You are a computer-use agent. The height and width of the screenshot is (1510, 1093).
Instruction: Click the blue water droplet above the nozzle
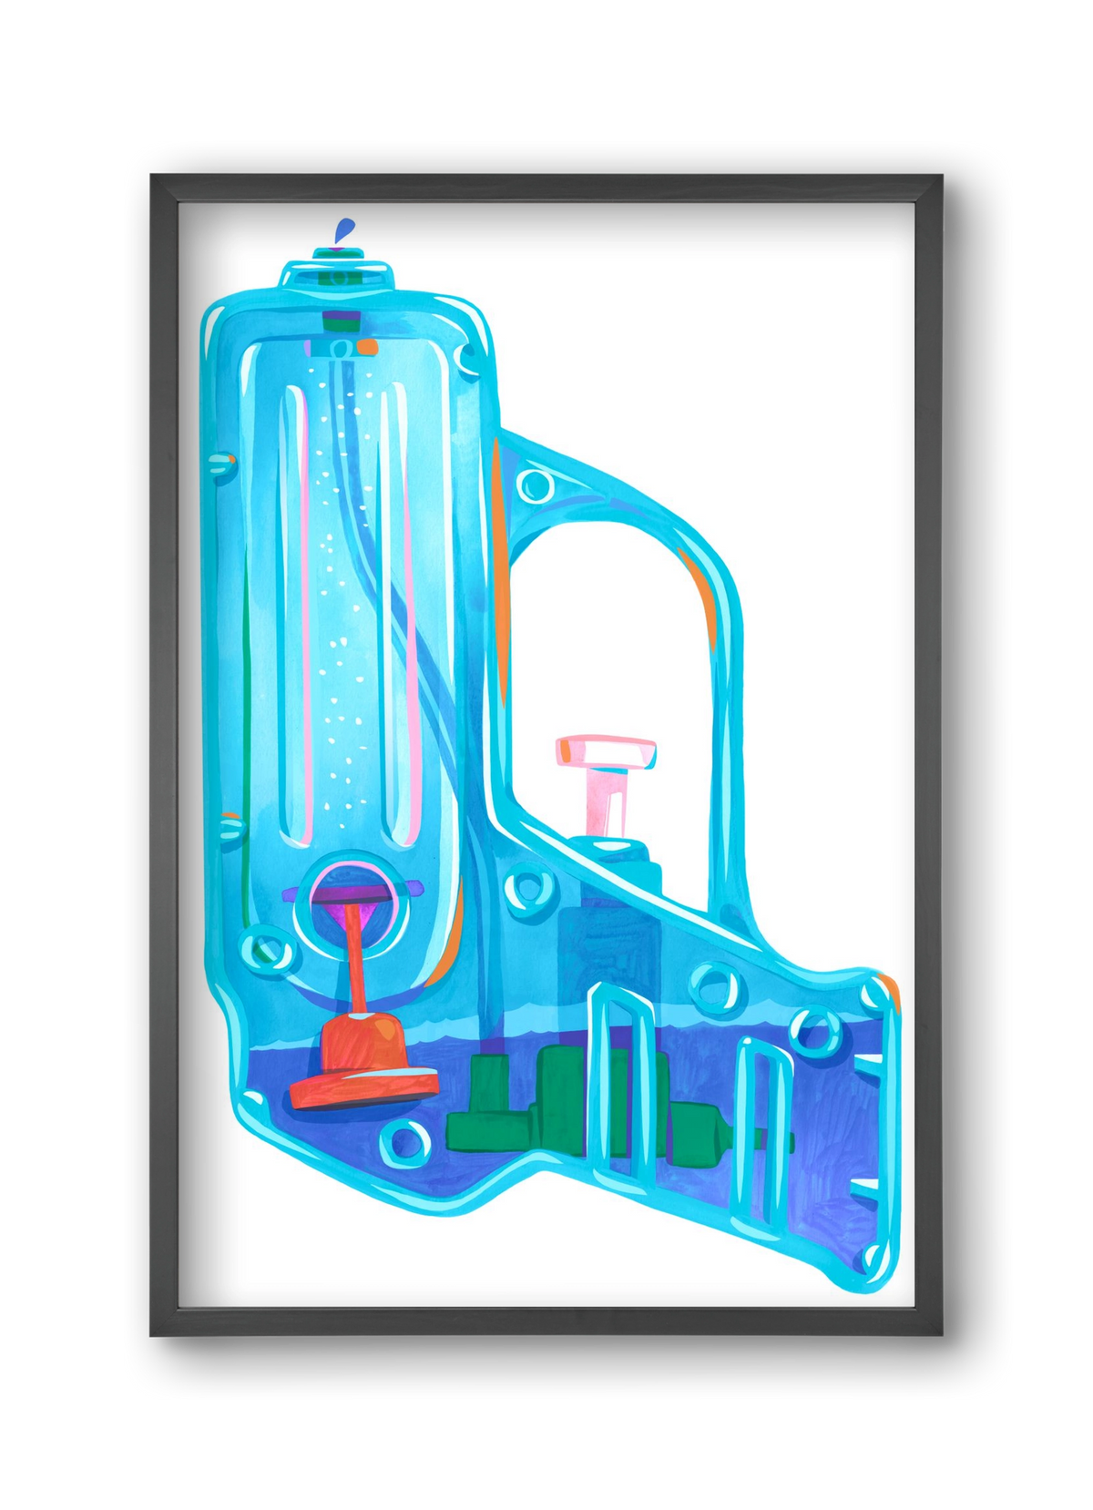[342, 230]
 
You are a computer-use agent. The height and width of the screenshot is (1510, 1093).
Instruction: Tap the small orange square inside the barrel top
[367, 346]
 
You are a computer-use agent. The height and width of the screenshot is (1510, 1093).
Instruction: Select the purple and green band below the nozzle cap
[341, 321]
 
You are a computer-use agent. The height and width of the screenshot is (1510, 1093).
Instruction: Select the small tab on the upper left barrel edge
[221, 464]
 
